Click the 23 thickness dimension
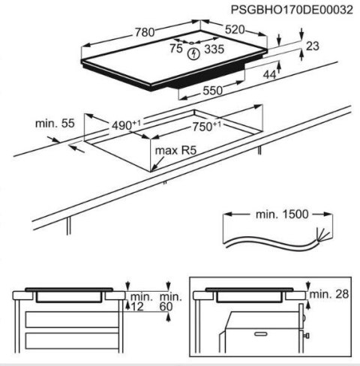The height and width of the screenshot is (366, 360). (x=313, y=46)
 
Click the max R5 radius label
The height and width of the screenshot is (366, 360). (x=171, y=151)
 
